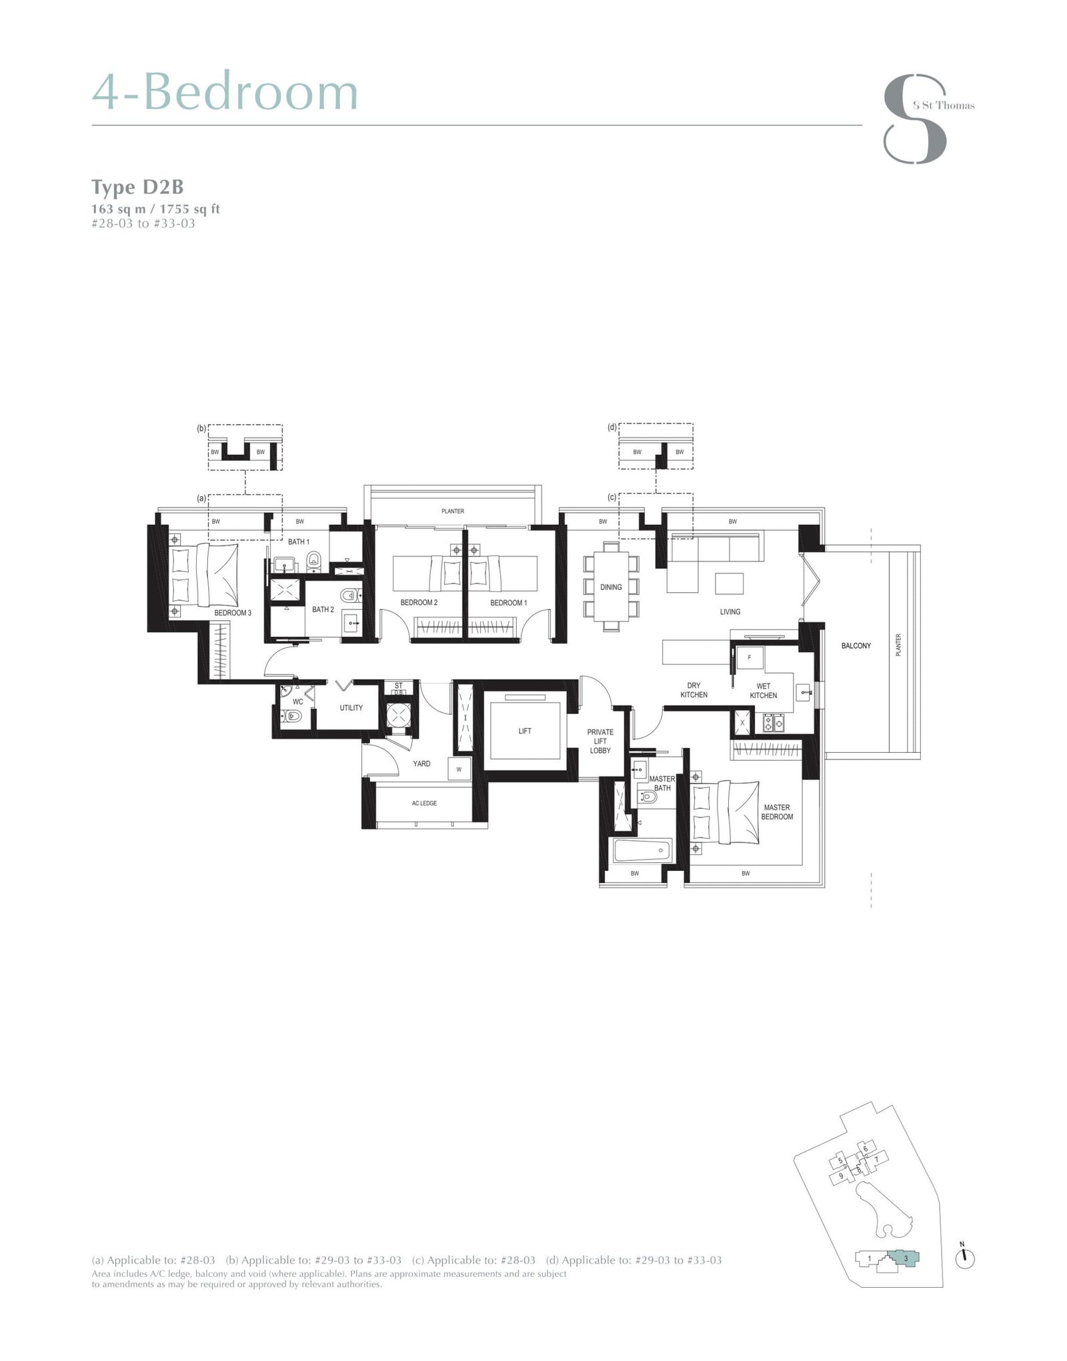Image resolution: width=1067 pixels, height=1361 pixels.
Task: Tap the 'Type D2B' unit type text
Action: [137, 187]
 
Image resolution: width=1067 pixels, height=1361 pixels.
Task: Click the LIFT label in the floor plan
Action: [525, 731]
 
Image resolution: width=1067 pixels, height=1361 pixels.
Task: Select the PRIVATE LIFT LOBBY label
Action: [600, 741]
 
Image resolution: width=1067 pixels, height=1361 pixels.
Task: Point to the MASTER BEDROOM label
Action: [777, 812]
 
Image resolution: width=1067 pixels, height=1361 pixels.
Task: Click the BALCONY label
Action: [856, 645]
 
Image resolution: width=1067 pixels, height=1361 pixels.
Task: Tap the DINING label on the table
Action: [611, 587]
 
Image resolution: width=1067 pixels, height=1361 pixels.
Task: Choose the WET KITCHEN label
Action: [763, 690]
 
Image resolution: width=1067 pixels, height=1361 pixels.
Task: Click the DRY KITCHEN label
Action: [694, 690]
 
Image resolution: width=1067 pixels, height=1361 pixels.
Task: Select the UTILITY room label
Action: [351, 708]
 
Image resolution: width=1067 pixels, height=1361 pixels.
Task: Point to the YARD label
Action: [421, 764]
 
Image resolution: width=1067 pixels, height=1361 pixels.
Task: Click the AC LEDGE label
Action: [424, 803]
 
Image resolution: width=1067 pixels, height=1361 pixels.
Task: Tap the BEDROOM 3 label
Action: [233, 612]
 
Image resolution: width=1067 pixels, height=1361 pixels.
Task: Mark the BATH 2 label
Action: [323, 609]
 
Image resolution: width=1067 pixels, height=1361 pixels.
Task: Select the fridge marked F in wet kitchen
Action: [750, 657]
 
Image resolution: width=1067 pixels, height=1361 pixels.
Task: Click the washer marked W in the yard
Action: [459, 769]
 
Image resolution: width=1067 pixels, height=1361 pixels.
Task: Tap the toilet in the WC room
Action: [293, 716]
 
